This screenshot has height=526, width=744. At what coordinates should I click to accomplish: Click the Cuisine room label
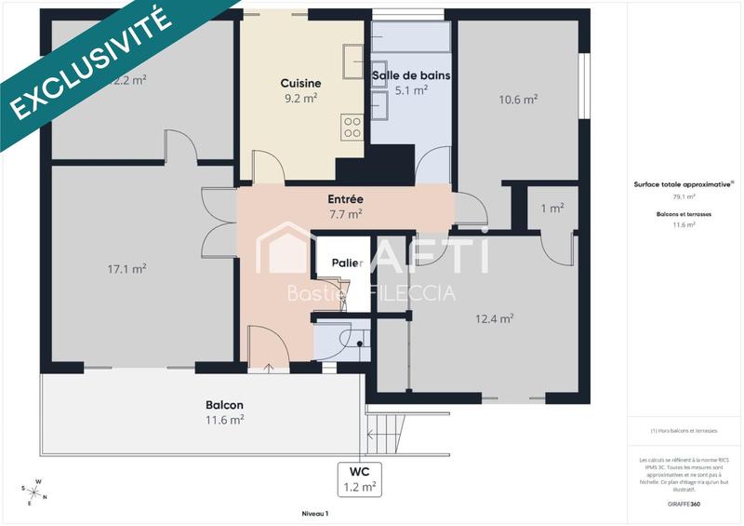point(299,81)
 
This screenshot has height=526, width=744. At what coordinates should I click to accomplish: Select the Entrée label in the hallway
point(345,199)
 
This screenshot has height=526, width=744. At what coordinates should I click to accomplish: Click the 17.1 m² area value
point(126,269)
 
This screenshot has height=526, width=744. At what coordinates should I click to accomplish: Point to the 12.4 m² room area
point(495,318)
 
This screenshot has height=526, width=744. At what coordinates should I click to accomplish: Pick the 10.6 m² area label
point(518,101)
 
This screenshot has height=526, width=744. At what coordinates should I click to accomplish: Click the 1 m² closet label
point(552,209)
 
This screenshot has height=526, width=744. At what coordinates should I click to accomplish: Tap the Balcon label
point(224,405)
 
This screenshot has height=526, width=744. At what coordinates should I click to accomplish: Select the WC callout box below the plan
point(359,478)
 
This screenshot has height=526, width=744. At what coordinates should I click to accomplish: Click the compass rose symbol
point(34,491)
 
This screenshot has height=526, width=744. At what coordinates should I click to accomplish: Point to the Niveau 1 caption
point(315,513)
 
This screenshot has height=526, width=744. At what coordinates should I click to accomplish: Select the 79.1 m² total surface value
point(684,197)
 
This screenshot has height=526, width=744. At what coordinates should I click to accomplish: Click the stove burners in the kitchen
point(352,127)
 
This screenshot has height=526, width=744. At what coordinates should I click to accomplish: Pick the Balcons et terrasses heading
point(684,214)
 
